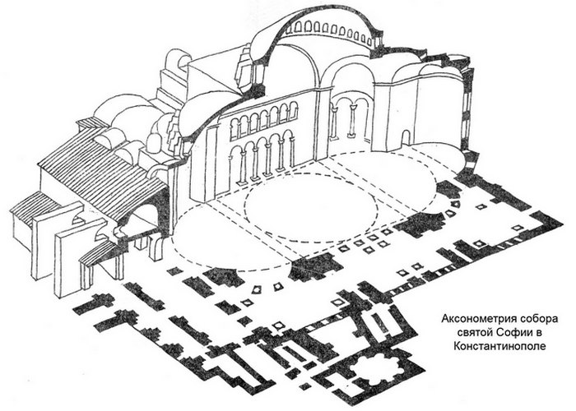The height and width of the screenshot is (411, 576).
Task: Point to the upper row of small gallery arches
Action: pos(262,120)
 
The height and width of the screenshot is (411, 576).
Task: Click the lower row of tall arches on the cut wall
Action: pos(262,159)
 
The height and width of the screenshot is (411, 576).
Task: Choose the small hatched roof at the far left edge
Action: pos(33,205)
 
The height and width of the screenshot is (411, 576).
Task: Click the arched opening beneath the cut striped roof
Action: pos(145,222)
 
